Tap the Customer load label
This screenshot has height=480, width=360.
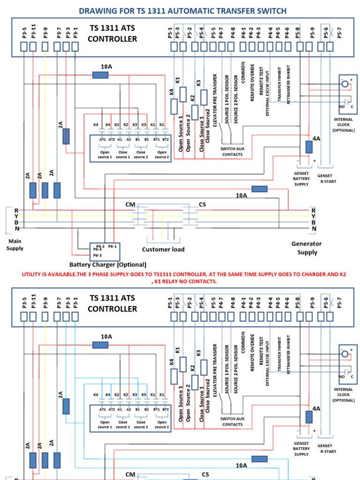coord(163,249)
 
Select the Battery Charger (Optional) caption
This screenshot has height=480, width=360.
coord(108,264)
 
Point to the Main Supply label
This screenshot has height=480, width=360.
coord(15,245)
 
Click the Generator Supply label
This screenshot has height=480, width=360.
coord(307,248)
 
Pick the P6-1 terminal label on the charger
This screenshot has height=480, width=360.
coord(112,246)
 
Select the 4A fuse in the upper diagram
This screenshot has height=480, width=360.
coord(309,147)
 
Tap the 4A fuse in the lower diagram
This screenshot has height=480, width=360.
coord(309,417)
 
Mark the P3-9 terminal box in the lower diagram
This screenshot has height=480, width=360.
coord(45,316)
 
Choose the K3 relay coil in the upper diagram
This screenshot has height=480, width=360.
coord(203,97)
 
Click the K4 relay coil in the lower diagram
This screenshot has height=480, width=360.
coord(174,376)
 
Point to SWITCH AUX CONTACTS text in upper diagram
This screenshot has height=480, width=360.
coord(232,151)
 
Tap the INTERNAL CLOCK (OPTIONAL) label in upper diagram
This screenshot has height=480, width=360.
coord(344,125)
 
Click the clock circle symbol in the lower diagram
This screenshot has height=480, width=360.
coord(345,354)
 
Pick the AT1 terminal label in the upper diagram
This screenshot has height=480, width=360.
coord(103,140)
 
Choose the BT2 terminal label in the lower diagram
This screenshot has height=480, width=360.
coord(165,410)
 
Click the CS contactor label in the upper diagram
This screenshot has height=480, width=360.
coord(202,204)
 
